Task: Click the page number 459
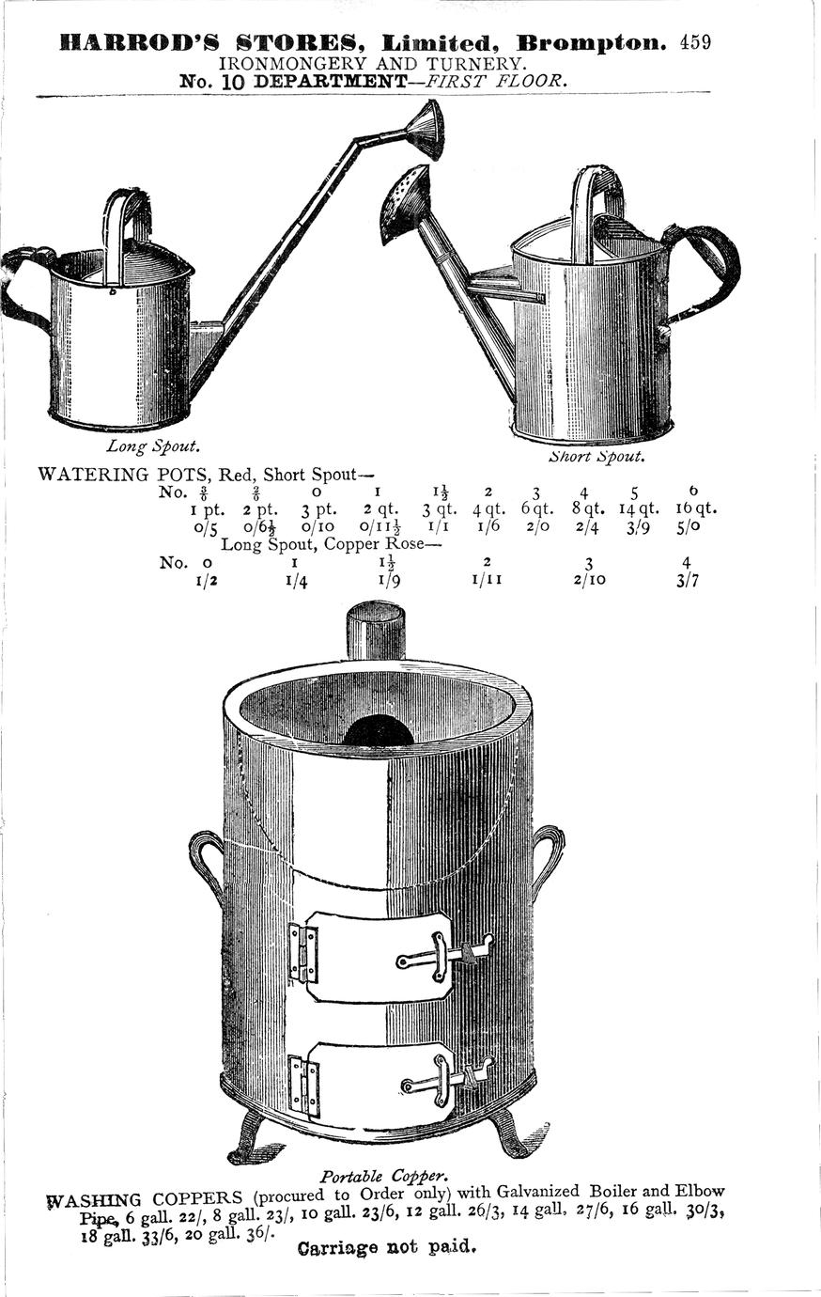[x=695, y=43]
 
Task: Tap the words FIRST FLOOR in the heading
[x=494, y=81]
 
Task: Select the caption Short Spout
[x=596, y=456]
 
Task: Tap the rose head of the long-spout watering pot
[x=425, y=131]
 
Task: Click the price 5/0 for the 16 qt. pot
[x=689, y=528]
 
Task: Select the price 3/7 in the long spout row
[x=688, y=581]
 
